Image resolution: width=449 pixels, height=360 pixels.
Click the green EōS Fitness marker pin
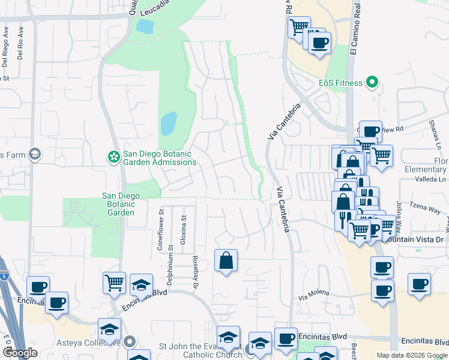tap(372, 83)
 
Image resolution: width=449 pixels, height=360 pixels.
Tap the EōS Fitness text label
tap(340, 83)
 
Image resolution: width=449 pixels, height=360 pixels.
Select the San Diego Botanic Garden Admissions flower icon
tap(113, 157)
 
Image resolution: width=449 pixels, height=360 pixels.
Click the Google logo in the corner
tap(20, 353)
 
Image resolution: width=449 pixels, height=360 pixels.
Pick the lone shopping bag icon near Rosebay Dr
tap(226, 260)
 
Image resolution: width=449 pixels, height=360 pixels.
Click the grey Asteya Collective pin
tap(130, 343)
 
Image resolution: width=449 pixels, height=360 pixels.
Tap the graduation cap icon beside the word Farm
tap(35, 155)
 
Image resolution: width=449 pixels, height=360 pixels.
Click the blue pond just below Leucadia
tap(145, 26)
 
